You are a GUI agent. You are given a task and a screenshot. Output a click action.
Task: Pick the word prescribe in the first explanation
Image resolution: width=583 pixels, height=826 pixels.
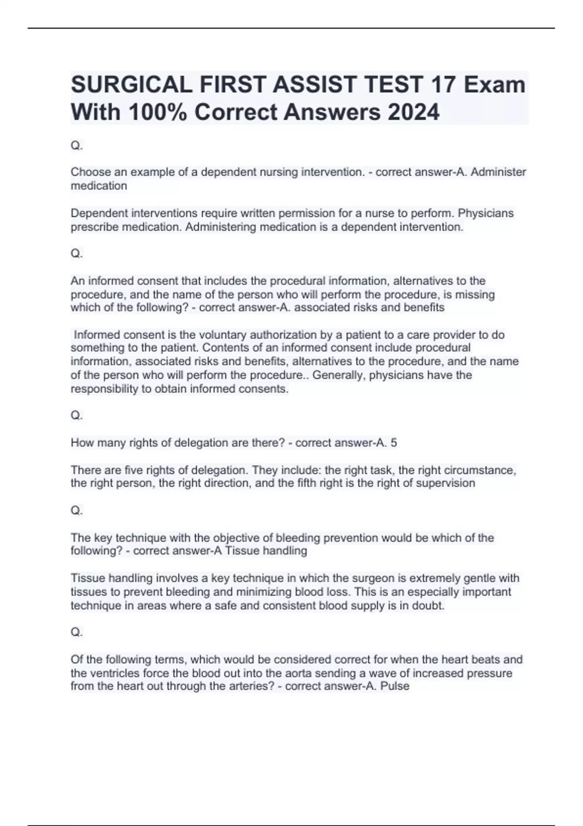94,227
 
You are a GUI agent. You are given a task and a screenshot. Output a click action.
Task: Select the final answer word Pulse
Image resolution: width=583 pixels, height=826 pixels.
396,686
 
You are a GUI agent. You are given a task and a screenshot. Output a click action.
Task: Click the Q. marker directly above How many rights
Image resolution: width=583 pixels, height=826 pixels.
77,415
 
